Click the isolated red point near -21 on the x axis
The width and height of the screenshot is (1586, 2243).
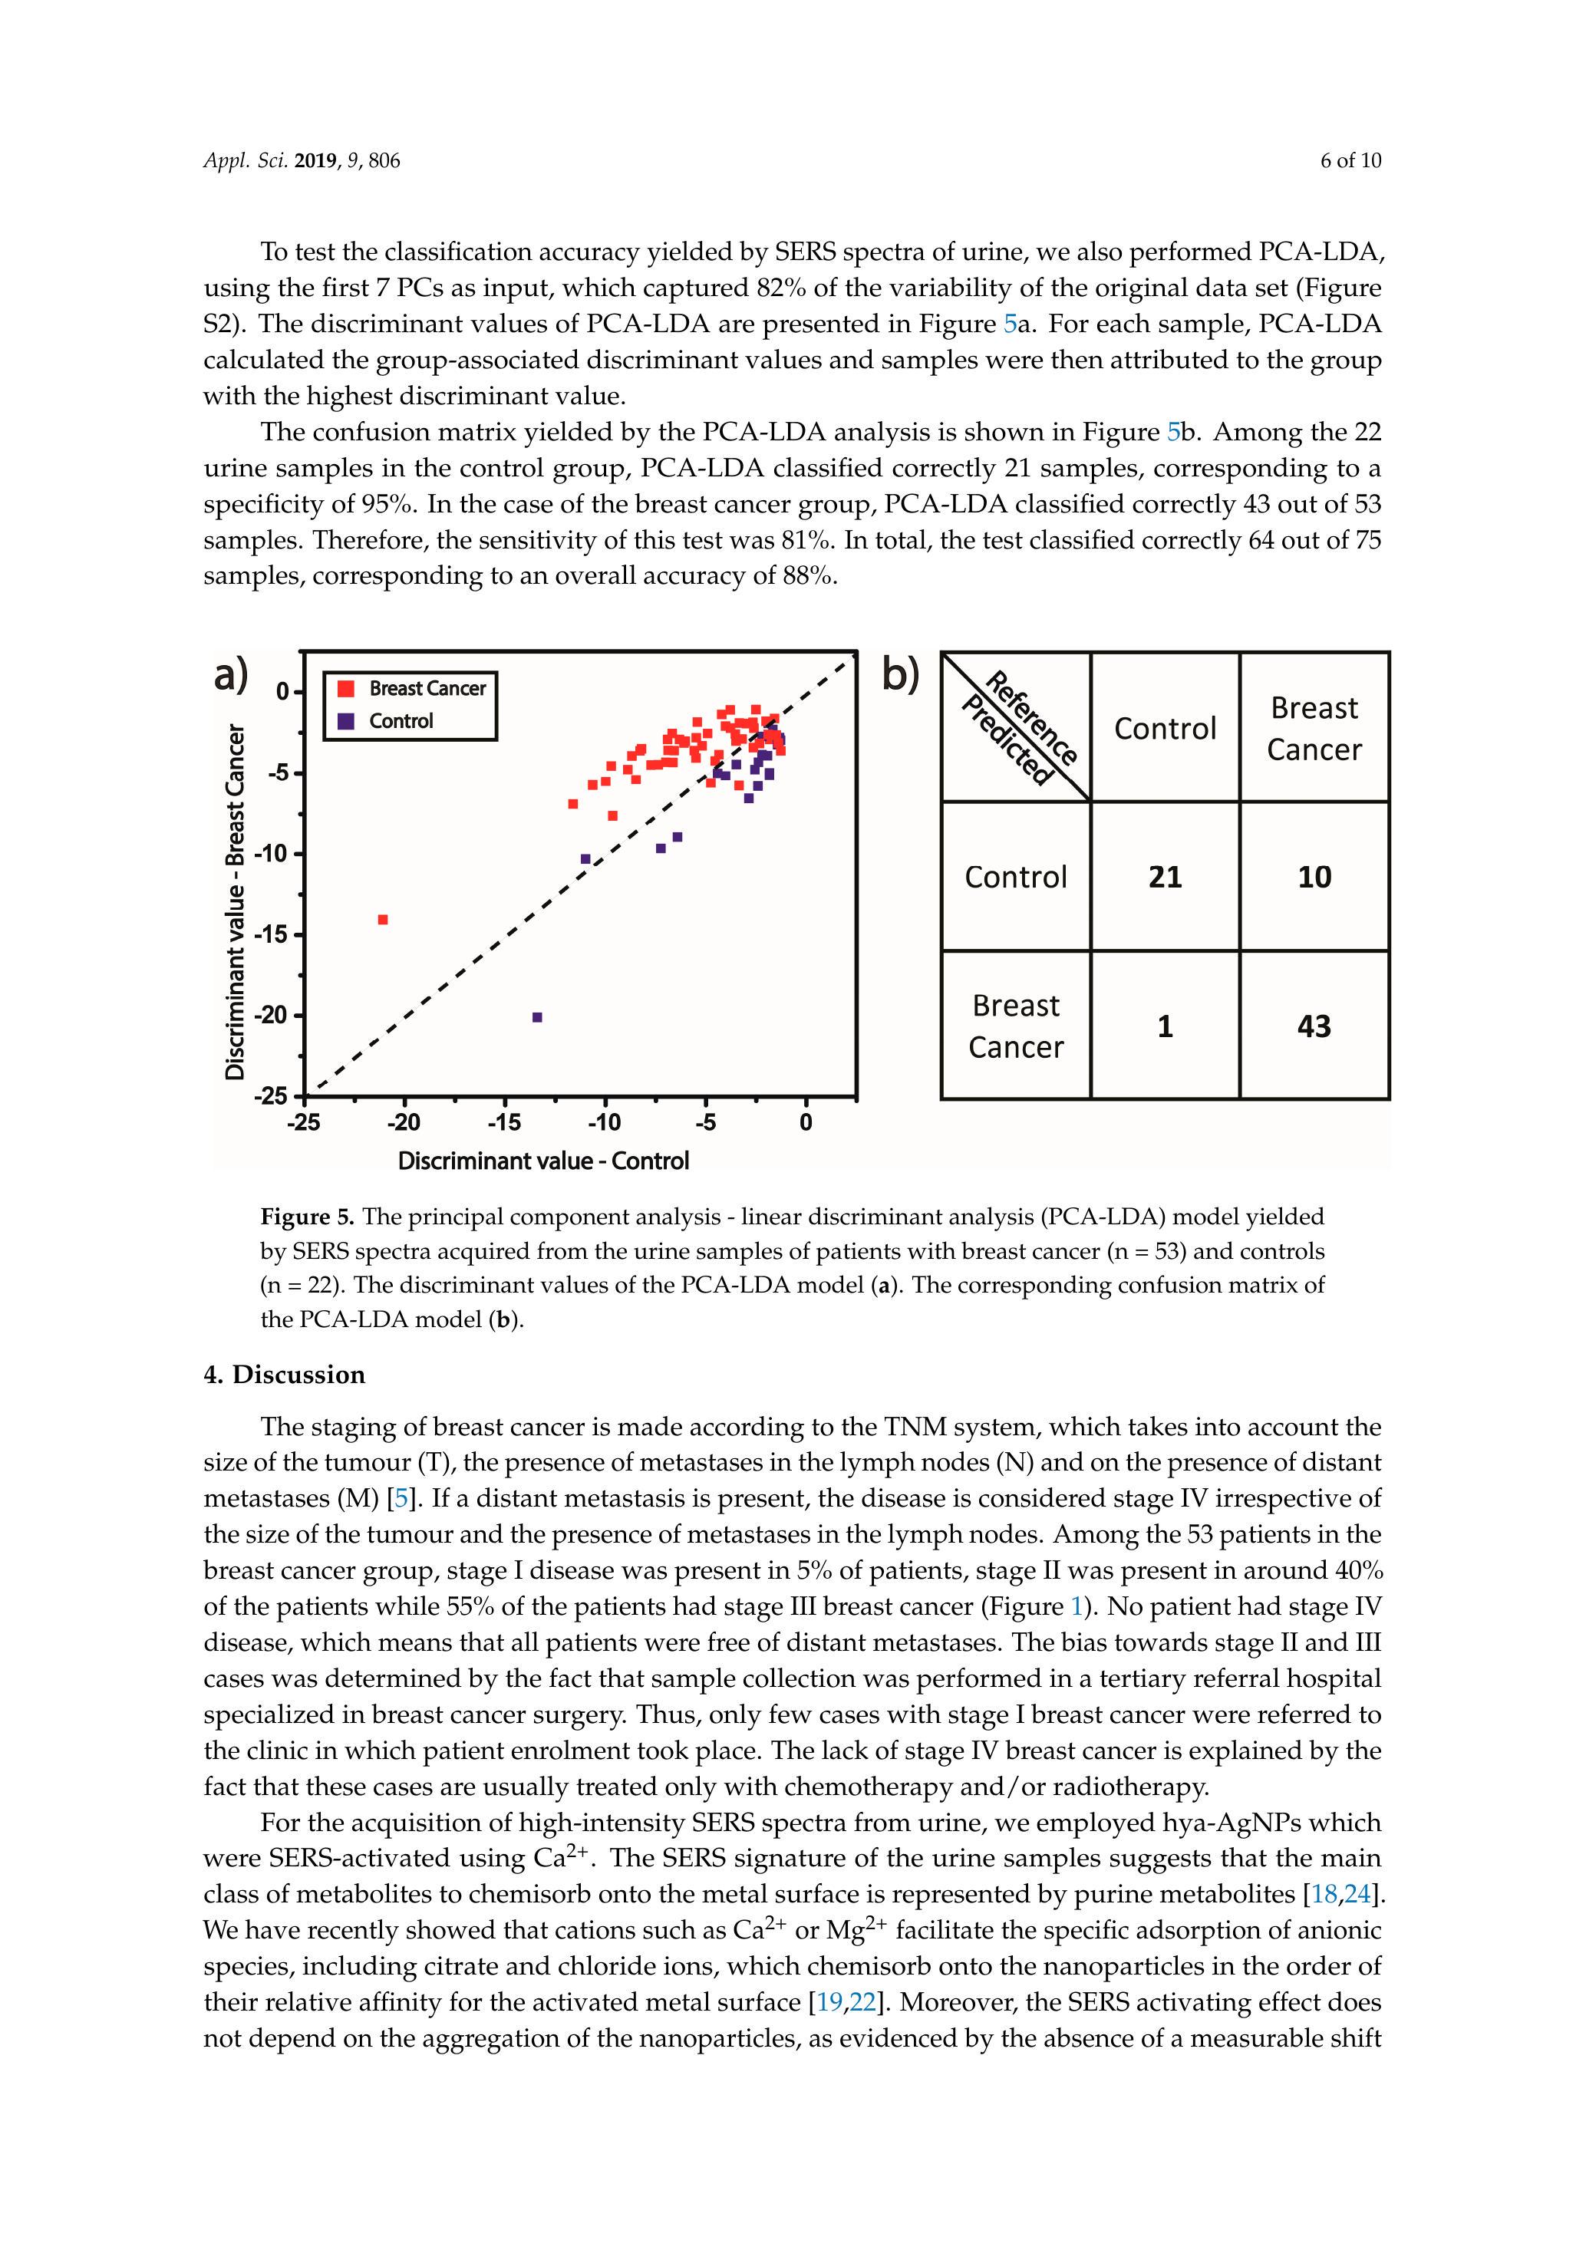[383, 919]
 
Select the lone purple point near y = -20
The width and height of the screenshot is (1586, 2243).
[536, 1017]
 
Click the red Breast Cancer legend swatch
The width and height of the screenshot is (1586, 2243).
[345, 688]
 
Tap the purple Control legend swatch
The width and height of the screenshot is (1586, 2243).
[345, 721]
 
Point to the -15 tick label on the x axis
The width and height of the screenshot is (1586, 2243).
[504, 1122]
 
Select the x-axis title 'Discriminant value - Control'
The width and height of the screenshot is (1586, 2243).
[543, 1161]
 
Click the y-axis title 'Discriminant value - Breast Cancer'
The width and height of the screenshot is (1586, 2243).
[235, 901]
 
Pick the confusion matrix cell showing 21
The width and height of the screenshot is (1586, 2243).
[1165, 876]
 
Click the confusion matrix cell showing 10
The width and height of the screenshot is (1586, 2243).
[1314, 876]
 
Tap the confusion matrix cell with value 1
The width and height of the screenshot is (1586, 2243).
[1165, 1026]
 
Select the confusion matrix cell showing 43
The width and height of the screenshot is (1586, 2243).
[1314, 1026]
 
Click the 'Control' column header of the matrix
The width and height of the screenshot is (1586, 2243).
[1165, 728]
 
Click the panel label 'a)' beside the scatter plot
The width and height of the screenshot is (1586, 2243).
[232, 674]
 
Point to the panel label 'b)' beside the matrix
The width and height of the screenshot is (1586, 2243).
[901, 674]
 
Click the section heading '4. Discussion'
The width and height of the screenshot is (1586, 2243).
[285, 1375]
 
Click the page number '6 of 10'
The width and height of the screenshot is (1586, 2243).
[1350, 161]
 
